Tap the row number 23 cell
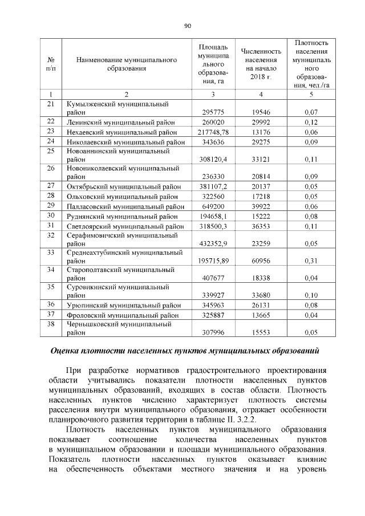pyautogui.click(x=51, y=132)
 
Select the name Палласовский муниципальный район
pyautogui.click(x=125, y=206)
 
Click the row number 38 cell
pyautogui.click(x=51, y=324)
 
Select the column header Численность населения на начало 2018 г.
pyautogui.click(x=261, y=64)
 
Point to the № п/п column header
pyautogui.click(x=51, y=64)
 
